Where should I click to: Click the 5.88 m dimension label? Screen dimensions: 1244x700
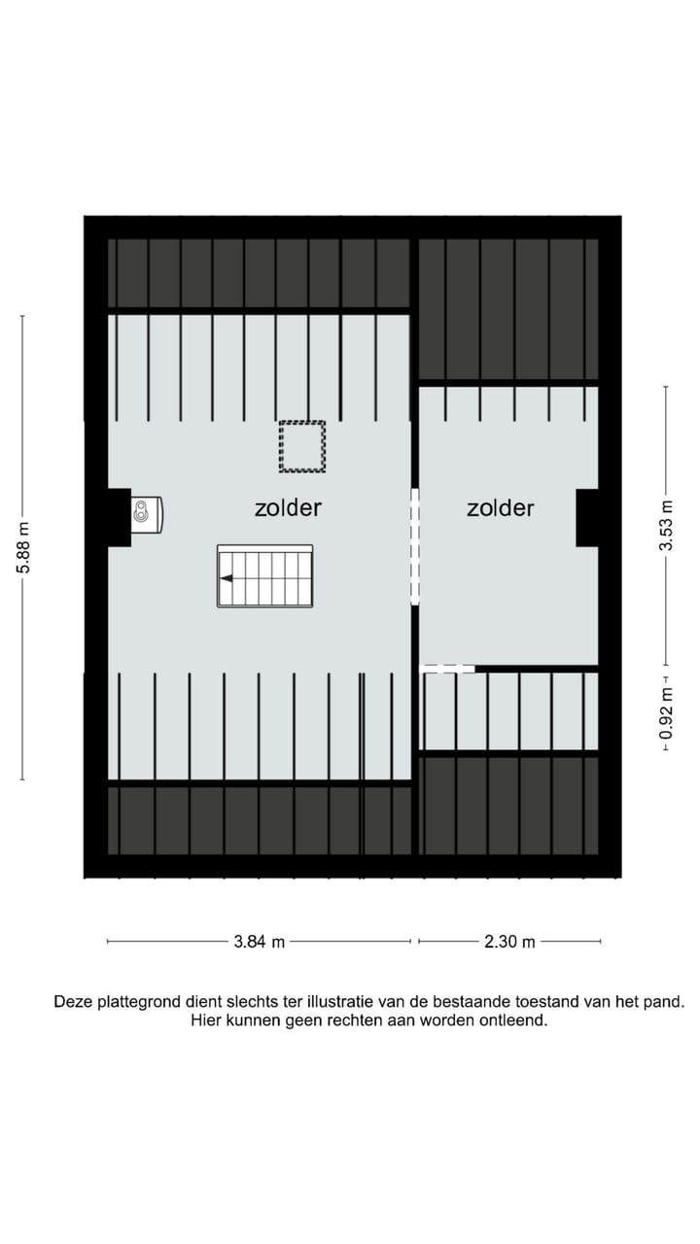pyautogui.click(x=23, y=547)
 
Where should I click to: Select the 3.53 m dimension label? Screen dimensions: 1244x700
pyautogui.click(x=666, y=526)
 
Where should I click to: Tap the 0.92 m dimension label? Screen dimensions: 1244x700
pyautogui.click(x=666, y=713)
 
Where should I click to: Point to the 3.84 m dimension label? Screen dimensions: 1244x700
pyautogui.click(x=259, y=941)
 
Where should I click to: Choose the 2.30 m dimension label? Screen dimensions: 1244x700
pyautogui.click(x=509, y=941)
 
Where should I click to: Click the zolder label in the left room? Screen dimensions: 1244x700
pyautogui.click(x=288, y=507)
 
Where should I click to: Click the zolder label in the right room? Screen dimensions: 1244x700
pyautogui.click(x=500, y=507)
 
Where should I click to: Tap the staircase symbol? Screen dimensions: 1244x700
pyautogui.click(x=264, y=576)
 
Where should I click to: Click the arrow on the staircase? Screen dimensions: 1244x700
pyautogui.click(x=227, y=578)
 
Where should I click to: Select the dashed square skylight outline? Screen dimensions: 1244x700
pyautogui.click(x=301, y=446)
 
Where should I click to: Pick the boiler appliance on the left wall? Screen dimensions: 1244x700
pyautogui.click(x=147, y=515)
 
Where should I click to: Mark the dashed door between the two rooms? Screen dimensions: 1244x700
pyautogui.click(x=415, y=546)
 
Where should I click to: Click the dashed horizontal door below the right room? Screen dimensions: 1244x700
pyautogui.click(x=448, y=669)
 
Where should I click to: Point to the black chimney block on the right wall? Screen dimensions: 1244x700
pyautogui.click(x=587, y=517)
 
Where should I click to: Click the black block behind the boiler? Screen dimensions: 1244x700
pyautogui.click(x=119, y=516)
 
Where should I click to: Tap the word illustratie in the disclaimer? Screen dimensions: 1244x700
pyautogui.click(x=345, y=1001)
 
